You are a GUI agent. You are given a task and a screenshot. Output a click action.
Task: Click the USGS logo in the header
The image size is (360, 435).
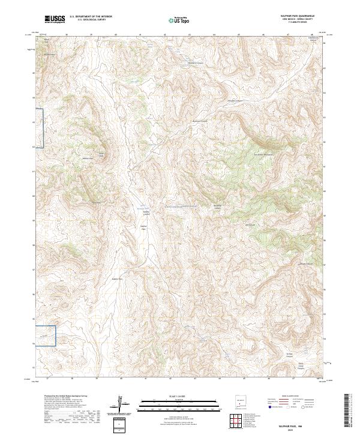pos(55,19)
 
